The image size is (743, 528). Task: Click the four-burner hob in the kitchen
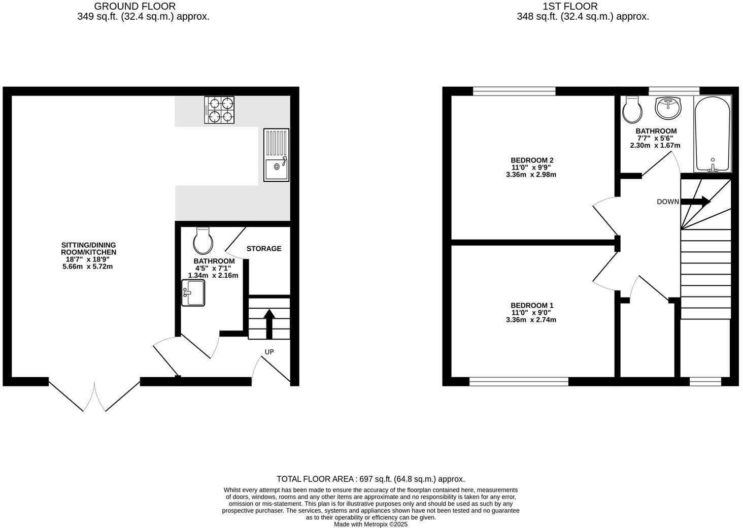coord(219,110)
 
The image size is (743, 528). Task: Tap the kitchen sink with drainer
coord(276,155)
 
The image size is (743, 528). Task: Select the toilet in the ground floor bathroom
coord(203,241)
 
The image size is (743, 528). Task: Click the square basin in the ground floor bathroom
coord(193,293)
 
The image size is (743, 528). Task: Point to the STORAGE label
coord(264,249)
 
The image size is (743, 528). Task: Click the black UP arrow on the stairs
coord(269,323)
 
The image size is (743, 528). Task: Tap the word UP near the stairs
coord(269,352)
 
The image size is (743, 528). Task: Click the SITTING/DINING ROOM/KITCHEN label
coord(89,248)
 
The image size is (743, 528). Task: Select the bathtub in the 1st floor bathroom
coord(712,133)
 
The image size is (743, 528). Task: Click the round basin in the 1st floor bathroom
coord(669,108)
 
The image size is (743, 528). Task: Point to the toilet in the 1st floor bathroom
coord(633,110)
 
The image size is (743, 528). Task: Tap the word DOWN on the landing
coord(667,202)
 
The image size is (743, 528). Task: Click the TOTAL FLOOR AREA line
coord(370,479)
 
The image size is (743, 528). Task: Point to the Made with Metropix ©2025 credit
coord(370,524)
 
